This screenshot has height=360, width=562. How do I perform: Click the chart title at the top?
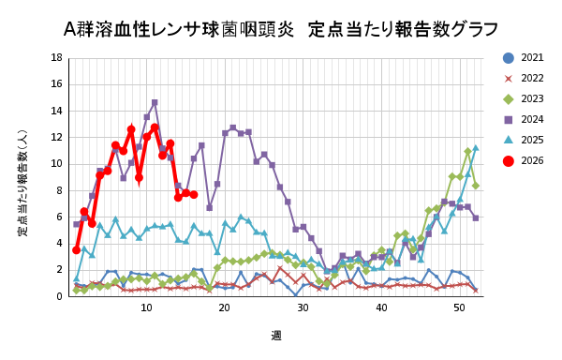[281, 28]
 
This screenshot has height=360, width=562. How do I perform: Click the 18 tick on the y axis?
[58, 58]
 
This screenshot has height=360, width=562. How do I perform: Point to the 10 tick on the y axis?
[58, 164]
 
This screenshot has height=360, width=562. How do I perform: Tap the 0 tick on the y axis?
[60, 296]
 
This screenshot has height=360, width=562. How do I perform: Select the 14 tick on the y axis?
[58, 111]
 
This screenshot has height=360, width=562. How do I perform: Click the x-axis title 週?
[276, 335]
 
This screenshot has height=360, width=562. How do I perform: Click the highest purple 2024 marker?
[155, 103]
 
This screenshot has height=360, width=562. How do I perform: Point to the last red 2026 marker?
[193, 194]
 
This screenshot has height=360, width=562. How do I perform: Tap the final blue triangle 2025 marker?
[475, 148]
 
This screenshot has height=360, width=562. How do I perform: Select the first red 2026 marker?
[76, 249]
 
